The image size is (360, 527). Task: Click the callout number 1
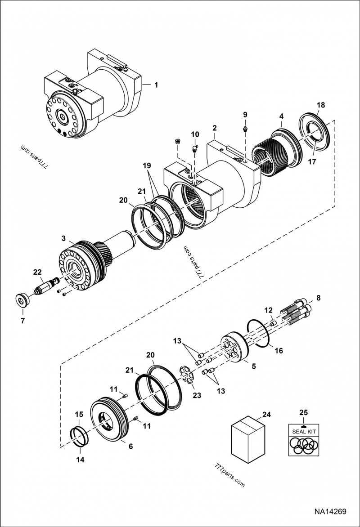[x=156, y=85]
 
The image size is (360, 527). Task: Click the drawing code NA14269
[x=330, y=512]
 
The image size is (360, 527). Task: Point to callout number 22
[x=37, y=272]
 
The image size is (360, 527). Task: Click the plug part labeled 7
[x=20, y=299]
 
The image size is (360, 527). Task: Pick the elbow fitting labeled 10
[x=194, y=148]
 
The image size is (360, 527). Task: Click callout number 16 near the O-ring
[x=279, y=350]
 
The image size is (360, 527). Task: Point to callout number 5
[x=254, y=366]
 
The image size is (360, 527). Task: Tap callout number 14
[x=80, y=460]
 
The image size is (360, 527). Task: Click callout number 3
[x=64, y=237]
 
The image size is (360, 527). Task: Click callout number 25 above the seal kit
[x=304, y=412]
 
